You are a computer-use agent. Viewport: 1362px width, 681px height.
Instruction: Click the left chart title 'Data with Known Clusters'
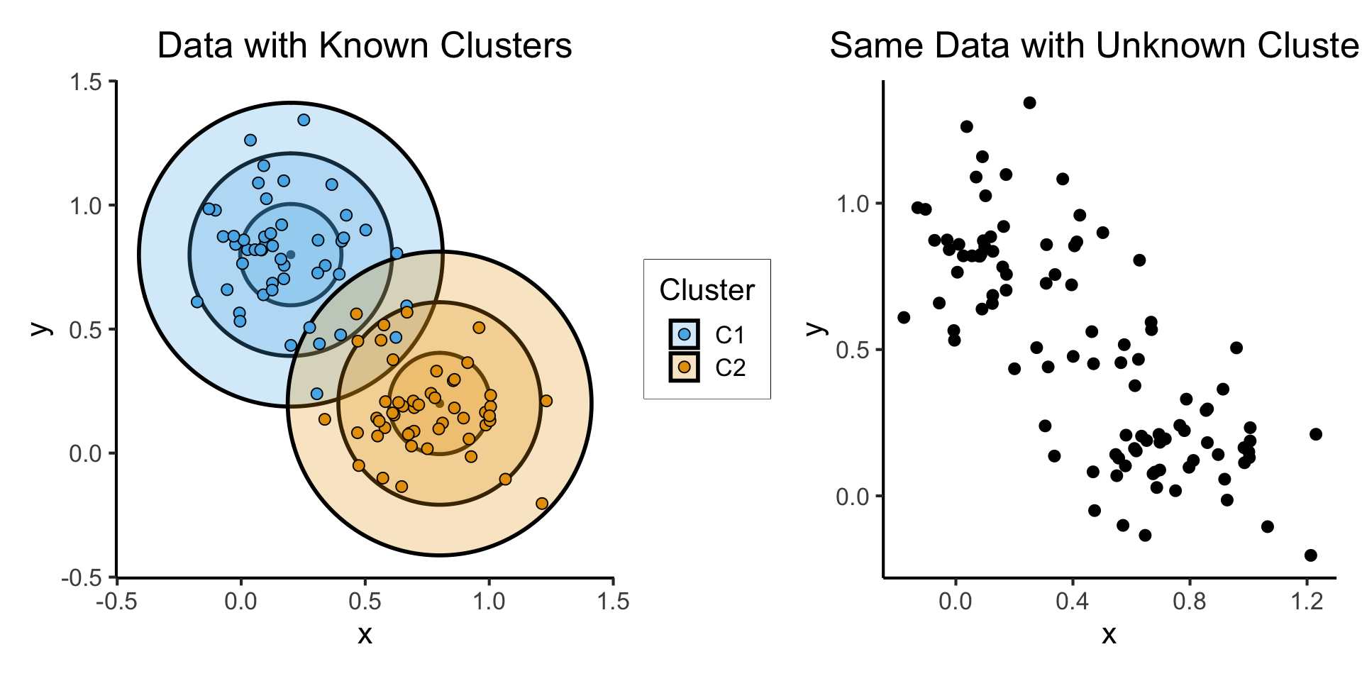click(x=364, y=46)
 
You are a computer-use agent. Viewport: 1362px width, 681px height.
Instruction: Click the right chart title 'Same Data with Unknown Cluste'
click(x=1094, y=46)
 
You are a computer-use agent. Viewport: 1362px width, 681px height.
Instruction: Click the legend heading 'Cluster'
click(x=707, y=290)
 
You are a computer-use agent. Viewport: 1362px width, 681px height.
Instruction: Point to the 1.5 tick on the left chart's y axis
click(x=86, y=82)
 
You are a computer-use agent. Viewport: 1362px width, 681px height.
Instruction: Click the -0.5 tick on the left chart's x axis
click(x=116, y=602)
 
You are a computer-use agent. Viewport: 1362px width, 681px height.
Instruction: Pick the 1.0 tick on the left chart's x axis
click(x=489, y=602)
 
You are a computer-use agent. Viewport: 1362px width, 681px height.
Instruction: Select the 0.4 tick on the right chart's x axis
click(x=1072, y=602)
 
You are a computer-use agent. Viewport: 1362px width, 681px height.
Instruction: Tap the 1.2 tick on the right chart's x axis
click(x=1307, y=602)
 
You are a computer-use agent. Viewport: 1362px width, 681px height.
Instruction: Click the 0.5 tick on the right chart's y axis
click(x=853, y=350)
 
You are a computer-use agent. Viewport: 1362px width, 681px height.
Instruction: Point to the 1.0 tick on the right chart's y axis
click(x=853, y=204)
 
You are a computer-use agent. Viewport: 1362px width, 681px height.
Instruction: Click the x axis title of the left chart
click(x=365, y=634)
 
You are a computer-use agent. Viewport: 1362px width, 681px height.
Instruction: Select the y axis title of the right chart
click(x=817, y=328)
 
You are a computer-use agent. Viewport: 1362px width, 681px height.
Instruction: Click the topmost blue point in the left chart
click(x=304, y=120)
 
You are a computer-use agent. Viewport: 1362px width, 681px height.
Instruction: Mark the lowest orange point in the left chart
click(x=542, y=504)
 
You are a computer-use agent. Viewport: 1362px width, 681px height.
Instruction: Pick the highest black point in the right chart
click(x=1029, y=103)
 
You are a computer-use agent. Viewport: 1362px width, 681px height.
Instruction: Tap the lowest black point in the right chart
click(x=1310, y=555)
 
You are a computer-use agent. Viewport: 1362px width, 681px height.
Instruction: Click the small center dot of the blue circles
click(x=290, y=255)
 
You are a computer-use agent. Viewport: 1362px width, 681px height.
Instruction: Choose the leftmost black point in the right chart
click(x=903, y=317)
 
